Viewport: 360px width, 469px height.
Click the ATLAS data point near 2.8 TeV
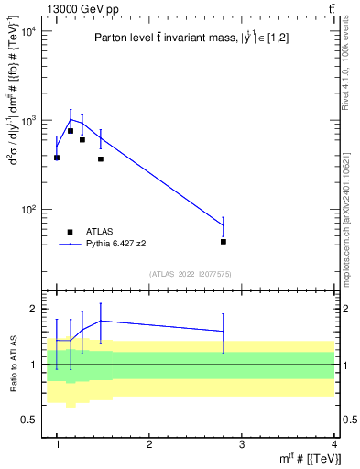click(224, 242)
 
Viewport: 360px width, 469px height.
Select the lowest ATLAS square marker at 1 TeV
click(57, 158)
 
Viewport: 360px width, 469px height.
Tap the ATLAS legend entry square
click(70, 233)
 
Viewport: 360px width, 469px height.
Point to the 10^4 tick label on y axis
click(27, 31)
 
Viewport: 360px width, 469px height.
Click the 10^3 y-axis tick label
click(27, 121)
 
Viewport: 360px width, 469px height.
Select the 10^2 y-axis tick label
click(27, 210)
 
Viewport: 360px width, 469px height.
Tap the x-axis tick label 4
click(334, 444)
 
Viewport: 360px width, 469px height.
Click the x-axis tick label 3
click(242, 444)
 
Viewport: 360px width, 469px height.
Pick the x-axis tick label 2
click(149, 444)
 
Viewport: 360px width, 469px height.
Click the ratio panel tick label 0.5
click(30, 420)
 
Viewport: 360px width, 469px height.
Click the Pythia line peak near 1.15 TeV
click(71, 119)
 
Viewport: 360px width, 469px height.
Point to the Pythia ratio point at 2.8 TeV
click(224, 332)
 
